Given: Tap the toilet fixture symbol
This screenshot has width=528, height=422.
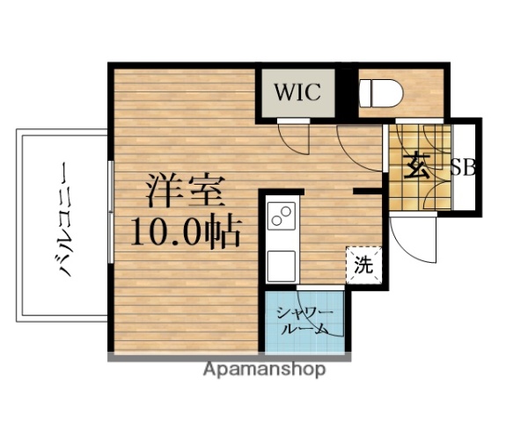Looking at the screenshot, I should pyautogui.click(x=384, y=91).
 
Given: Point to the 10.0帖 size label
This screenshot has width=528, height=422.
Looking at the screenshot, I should pyautogui.click(x=186, y=231).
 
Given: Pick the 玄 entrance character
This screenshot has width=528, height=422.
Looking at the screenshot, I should pyautogui.click(x=417, y=165).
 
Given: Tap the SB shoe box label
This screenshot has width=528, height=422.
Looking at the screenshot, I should pyautogui.click(x=463, y=167).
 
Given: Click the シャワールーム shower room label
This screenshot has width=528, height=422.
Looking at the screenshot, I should pyautogui.click(x=304, y=321).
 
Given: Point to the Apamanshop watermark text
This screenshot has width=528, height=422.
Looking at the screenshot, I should pyautogui.click(x=264, y=369).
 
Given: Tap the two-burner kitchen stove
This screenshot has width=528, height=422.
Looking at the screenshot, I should pyautogui.click(x=282, y=215).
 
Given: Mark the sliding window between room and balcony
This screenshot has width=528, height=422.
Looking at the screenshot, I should pyautogui.click(x=109, y=212).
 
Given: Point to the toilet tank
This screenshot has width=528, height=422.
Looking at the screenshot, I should pyautogui.click(x=366, y=91).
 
